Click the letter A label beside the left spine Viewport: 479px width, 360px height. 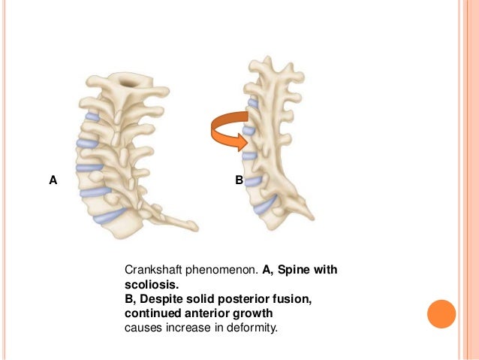53,180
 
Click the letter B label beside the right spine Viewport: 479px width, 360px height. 239,180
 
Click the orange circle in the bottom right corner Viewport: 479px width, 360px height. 441,314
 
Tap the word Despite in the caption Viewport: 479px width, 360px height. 161,299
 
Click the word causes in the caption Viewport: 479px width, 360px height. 141,328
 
